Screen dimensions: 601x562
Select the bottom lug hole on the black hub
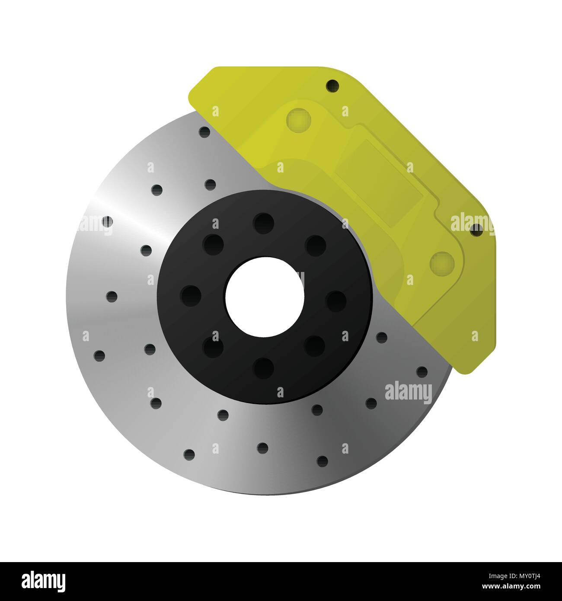point(264,369)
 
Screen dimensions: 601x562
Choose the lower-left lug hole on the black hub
point(212,347)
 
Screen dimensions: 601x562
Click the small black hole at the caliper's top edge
point(332,85)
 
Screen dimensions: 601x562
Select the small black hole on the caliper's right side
point(476,230)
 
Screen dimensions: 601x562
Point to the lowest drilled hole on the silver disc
point(322,459)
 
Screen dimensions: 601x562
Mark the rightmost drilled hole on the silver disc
point(422,371)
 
